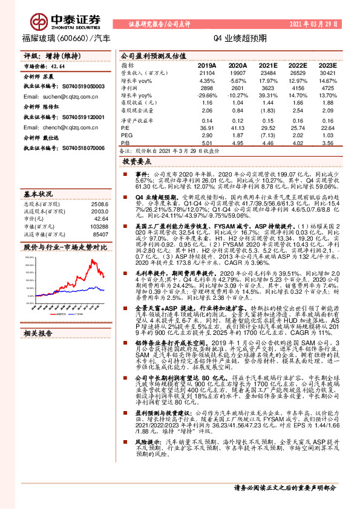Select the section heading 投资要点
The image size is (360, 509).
[x=137, y=163]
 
